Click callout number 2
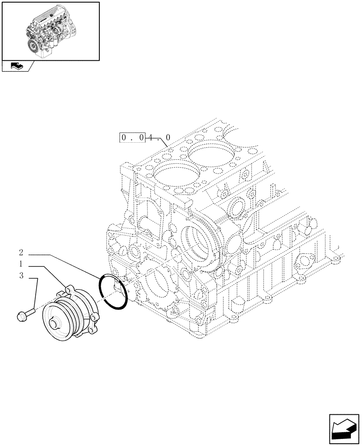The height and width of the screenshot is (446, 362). click(x=21, y=252)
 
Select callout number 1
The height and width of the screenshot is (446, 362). click(x=21, y=264)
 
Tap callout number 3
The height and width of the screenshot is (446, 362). click(x=21, y=276)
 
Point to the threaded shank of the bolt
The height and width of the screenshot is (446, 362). click(x=31, y=311)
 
